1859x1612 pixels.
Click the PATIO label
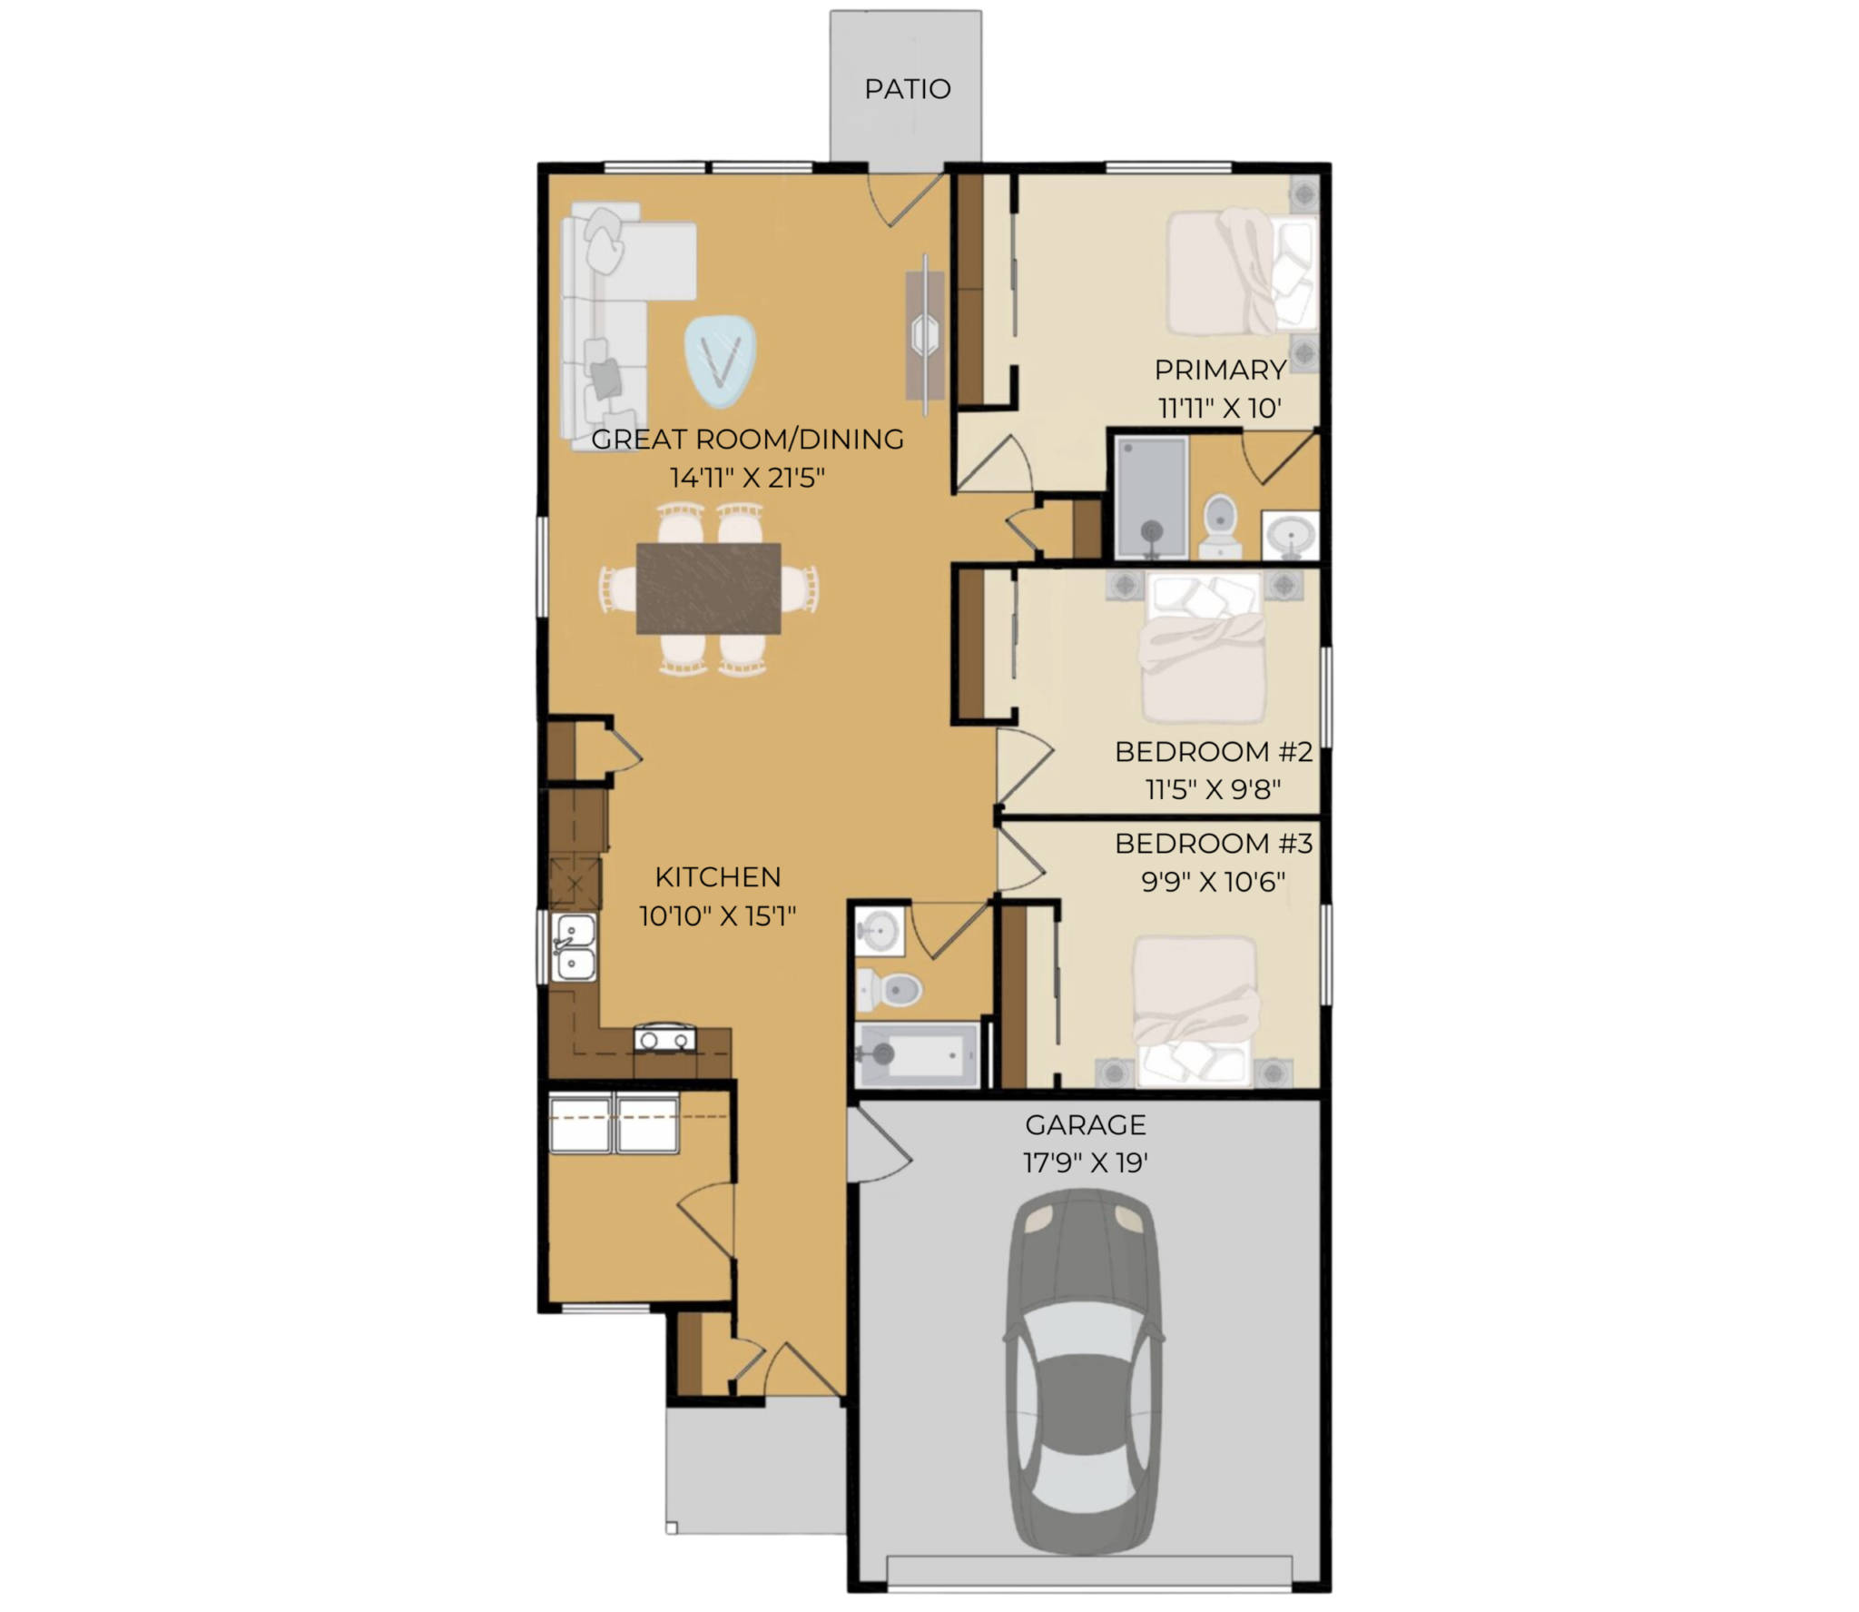pos(907,89)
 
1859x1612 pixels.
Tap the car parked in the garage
pos(1084,1372)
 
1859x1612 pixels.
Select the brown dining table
pos(709,588)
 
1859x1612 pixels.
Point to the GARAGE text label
pos(1086,1125)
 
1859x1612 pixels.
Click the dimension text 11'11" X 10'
pos(1219,409)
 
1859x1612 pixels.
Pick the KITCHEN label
pos(718,877)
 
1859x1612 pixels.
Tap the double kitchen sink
pos(575,947)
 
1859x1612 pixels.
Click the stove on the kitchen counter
pos(664,1037)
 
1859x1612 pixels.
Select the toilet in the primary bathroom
pos(1220,525)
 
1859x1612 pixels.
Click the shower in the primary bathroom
pos(1151,497)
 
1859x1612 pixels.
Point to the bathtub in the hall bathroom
pos(917,1055)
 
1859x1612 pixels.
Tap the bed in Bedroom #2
pos(1203,647)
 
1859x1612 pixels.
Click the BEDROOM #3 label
pos(1214,844)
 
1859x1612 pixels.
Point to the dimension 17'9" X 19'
pos(1086,1163)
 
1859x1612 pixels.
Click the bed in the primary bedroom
pos(1241,272)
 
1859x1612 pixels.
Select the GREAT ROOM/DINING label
pos(747,440)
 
